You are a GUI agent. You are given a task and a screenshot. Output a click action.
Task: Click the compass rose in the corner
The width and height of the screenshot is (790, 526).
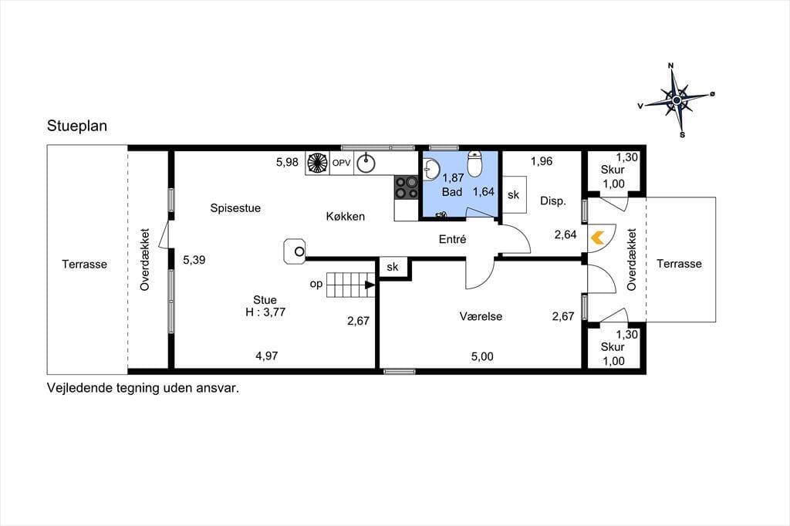tap(677, 101)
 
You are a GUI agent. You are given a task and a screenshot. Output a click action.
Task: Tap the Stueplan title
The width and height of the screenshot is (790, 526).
tap(77, 126)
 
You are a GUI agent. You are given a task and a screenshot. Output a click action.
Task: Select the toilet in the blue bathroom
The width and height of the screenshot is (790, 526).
tap(474, 162)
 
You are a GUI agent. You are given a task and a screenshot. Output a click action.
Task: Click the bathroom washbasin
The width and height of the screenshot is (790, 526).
tap(430, 169)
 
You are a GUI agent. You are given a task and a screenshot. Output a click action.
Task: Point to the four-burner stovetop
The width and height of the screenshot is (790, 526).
tap(406, 187)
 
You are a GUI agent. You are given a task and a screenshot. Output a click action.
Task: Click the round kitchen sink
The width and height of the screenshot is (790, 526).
tap(366, 163)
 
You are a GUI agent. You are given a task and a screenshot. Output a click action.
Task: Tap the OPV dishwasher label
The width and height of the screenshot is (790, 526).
tap(341, 163)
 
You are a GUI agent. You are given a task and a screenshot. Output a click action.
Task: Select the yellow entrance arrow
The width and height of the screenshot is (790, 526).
tap(598, 238)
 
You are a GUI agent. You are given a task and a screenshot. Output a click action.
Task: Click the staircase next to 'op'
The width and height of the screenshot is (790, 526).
tap(351, 285)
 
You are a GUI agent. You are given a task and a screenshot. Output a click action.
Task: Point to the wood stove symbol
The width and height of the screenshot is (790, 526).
tap(295, 251)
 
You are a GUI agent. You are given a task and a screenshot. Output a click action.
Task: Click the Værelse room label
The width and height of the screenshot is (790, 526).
tap(481, 316)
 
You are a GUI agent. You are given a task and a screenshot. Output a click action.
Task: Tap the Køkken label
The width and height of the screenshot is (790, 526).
tap(345, 216)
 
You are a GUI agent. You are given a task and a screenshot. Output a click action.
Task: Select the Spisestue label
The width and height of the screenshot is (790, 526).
tap(235, 207)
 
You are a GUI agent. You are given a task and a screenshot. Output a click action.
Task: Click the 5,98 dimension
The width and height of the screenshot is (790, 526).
tap(287, 162)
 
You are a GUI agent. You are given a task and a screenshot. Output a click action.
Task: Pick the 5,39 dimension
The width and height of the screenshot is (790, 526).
tap(194, 260)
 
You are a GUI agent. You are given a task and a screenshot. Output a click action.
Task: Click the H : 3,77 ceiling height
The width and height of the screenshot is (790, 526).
tap(265, 312)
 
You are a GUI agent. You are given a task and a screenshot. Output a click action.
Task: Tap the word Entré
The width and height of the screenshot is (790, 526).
tap(452, 239)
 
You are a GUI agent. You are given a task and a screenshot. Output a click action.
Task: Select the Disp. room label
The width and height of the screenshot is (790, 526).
tap(553, 201)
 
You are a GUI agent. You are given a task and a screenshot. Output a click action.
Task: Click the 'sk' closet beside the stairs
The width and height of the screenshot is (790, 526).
tap(393, 268)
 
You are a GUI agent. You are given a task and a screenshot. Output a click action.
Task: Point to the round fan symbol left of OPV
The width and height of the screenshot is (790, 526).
tap(317, 163)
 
